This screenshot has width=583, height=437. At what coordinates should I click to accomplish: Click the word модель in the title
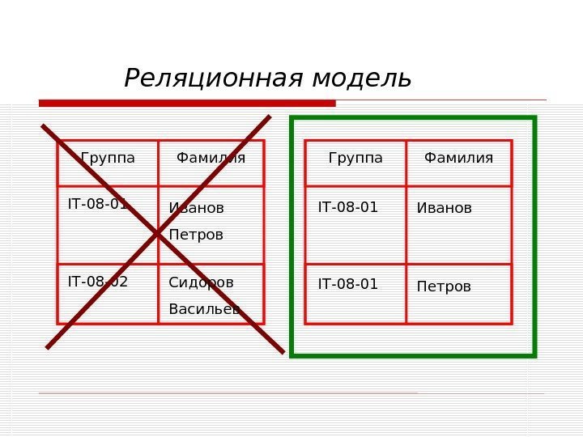(362, 78)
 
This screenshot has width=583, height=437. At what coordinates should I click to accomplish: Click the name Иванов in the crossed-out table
(197, 209)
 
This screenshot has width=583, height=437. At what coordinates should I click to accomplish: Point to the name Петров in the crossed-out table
(196, 235)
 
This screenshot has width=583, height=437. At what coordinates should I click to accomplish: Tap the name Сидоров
(201, 282)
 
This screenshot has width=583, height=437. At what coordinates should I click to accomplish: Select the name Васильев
(204, 309)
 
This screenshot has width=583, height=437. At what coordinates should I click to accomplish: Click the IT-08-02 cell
(98, 282)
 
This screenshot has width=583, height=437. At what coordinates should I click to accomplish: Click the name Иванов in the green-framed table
(444, 209)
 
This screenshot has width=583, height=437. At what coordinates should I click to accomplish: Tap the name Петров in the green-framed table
(444, 286)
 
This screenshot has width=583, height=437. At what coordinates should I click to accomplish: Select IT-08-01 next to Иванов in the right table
(348, 207)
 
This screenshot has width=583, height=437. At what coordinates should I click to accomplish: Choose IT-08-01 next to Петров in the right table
(348, 284)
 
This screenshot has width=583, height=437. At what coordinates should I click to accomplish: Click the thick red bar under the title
(187, 103)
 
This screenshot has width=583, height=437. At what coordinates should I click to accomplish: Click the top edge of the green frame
(413, 118)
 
